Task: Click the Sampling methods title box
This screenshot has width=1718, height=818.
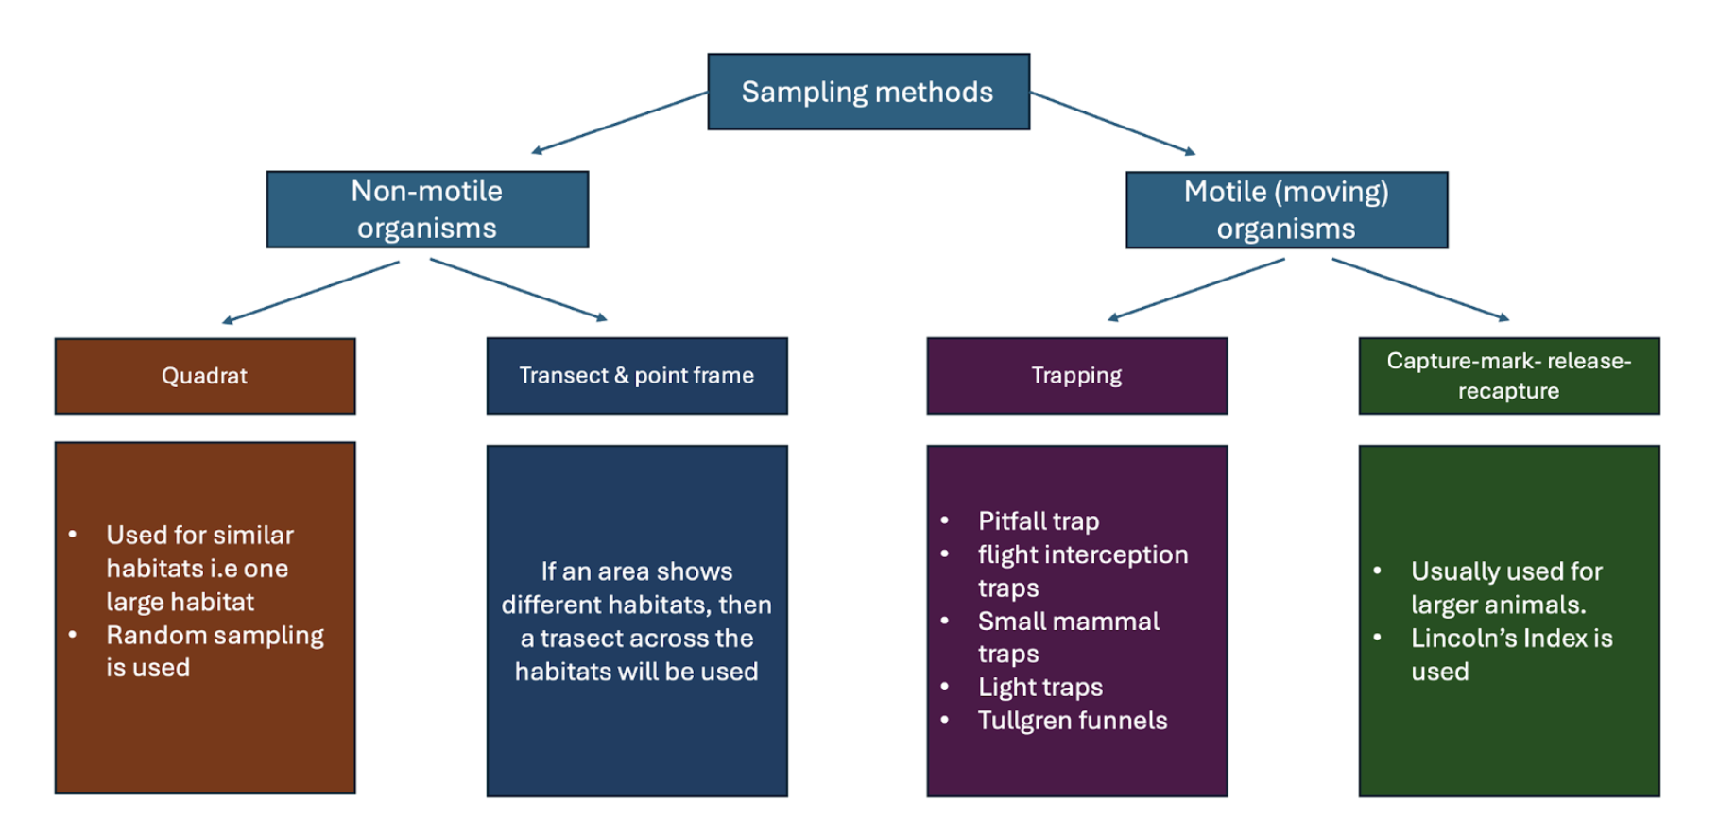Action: [x=868, y=92]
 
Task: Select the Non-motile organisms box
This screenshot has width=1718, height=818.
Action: [x=427, y=209]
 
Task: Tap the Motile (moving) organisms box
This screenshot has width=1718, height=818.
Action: [x=1286, y=210]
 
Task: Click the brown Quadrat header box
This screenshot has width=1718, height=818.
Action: [x=205, y=376]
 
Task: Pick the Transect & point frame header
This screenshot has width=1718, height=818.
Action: [x=637, y=376]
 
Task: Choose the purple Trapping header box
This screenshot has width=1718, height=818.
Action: [x=1076, y=376]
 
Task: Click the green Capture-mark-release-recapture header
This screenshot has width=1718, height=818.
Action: [x=1508, y=376]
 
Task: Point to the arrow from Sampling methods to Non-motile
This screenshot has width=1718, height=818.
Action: [x=619, y=122]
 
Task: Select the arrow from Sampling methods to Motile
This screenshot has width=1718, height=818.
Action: [x=1112, y=123]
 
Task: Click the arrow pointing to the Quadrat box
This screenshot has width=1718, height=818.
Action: [x=311, y=292]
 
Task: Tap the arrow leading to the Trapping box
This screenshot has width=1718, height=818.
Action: [x=1196, y=289]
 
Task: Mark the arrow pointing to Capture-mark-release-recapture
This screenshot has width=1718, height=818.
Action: [x=1420, y=289]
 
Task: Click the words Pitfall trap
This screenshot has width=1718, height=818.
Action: [x=1039, y=521]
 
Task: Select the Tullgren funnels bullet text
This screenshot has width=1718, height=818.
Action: [x=1073, y=721]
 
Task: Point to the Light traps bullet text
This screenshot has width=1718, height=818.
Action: [x=1040, y=688]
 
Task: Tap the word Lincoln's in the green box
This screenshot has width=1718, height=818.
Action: [x=1464, y=639]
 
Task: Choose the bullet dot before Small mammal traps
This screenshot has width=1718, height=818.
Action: [x=944, y=621]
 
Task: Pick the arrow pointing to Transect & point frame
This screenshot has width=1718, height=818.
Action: [x=518, y=288]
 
